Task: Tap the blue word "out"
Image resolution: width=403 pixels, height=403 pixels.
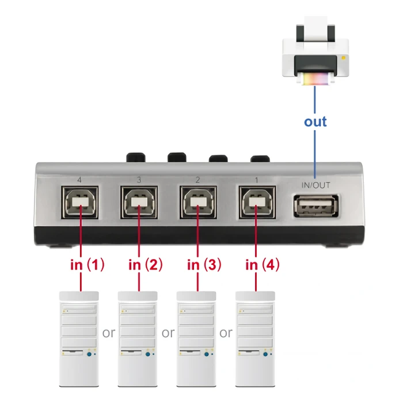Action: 315,121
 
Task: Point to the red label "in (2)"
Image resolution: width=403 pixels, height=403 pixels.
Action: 145,265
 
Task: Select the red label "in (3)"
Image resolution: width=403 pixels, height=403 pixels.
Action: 204,265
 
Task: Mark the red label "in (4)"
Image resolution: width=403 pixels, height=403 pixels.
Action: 263,265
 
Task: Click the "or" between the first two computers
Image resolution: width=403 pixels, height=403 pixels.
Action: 109,333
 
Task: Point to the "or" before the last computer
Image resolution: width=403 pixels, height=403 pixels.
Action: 226,333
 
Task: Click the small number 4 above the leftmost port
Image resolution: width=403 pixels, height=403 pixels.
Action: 79,180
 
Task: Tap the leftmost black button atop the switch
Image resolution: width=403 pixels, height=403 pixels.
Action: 136,157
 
